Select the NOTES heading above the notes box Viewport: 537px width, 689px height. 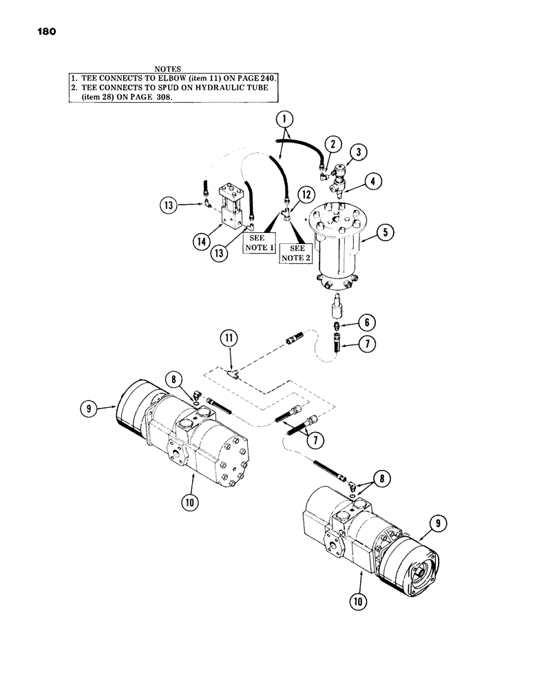point(167,70)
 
